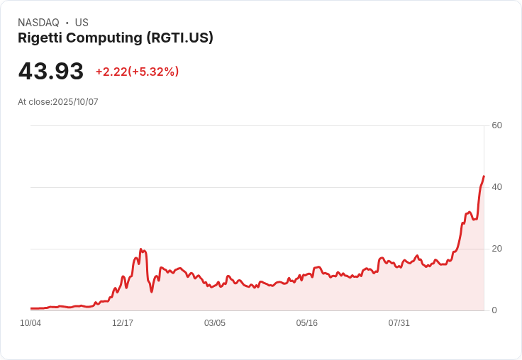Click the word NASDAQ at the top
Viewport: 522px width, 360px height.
[x=38, y=23]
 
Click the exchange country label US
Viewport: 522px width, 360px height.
[x=82, y=23]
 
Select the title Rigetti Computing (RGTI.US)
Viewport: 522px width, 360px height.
[x=116, y=38]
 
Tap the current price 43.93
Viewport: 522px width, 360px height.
[x=51, y=72]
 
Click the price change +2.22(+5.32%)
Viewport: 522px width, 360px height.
[x=137, y=72]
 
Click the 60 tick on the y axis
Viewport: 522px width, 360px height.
[x=496, y=125]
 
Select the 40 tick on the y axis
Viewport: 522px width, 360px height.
[x=496, y=187]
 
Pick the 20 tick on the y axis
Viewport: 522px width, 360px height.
[x=496, y=249]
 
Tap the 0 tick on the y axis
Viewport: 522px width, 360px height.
[x=494, y=310]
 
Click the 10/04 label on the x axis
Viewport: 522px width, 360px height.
[x=30, y=323]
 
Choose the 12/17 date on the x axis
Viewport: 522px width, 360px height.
[x=123, y=323]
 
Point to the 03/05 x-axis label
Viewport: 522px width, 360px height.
[x=215, y=323]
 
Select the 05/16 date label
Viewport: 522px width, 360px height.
[x=307, y=323]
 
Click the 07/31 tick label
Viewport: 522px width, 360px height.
[x=399, y=323]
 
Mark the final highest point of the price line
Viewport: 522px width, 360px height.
[x=484, y=176]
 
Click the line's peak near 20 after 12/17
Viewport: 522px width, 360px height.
[x=141, y=249]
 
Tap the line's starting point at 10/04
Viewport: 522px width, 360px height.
[x=31, y=308]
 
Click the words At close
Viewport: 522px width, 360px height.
[x=34, y=102]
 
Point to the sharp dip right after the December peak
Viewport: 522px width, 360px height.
[x=151, y=291]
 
